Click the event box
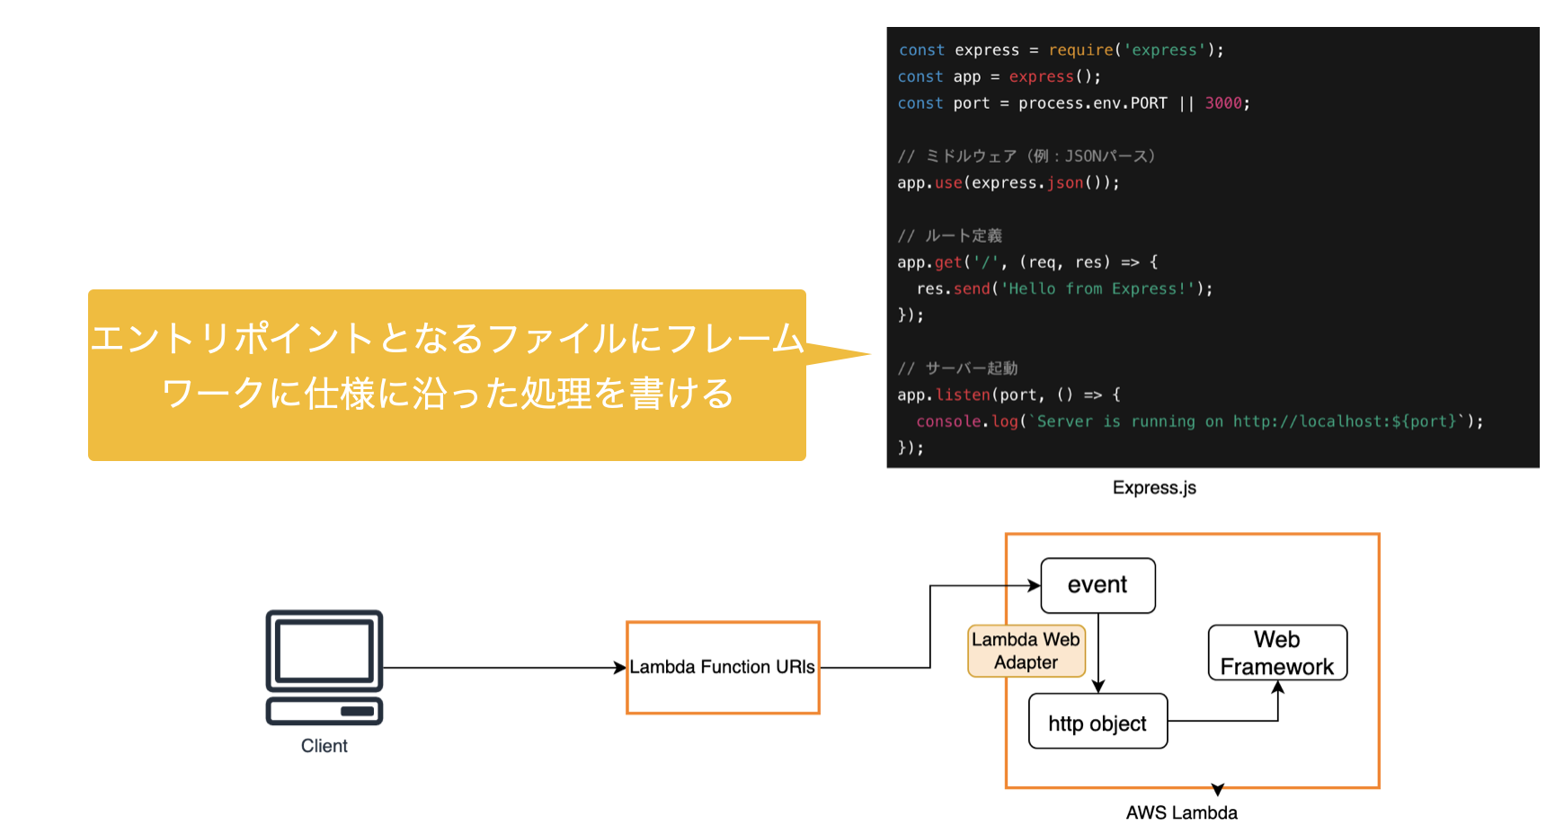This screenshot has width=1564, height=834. [1097, 585]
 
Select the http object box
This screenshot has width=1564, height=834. [1097, 722]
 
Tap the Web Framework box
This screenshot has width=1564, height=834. [1277, 653]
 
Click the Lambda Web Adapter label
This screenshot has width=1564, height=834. [1026, 651]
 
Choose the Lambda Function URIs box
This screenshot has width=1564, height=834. [723, 668]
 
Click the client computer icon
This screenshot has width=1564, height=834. [324, 667]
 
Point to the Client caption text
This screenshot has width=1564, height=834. [324, 746]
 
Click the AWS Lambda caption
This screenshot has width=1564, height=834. [1181, 813]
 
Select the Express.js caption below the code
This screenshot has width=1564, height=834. [1154, 488]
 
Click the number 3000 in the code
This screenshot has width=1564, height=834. [1223, 103]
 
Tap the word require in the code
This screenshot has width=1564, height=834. [1080, 50]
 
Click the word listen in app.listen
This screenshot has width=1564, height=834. [963, 395]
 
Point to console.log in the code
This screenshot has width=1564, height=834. [967, 421]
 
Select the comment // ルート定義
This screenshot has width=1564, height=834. [950, 235]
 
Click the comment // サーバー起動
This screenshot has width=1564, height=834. [958, 368]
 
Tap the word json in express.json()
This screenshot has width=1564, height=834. [1065, 182]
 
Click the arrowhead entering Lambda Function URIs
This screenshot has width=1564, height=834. [620, 668]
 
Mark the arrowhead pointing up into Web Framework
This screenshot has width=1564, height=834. [1277, 688]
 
